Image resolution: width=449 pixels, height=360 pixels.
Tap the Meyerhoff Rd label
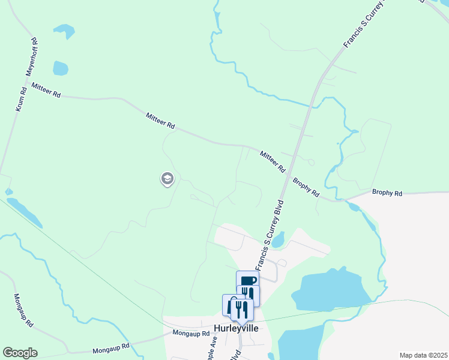tap(31, 56)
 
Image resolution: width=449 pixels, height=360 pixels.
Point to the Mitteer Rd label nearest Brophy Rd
tap(273, 163)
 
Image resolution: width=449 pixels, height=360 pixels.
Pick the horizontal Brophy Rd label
tap(387, 193)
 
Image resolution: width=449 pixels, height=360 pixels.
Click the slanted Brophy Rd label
tap(306, 188)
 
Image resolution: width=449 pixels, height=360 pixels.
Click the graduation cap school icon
tap(167, 178)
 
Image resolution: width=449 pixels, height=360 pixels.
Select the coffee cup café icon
tap(248, 280)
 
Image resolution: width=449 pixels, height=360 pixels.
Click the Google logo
tap(20, 353)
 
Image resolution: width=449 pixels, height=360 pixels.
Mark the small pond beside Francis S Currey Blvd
tap(277, 239)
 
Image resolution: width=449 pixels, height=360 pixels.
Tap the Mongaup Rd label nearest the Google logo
tap(111, 347)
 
